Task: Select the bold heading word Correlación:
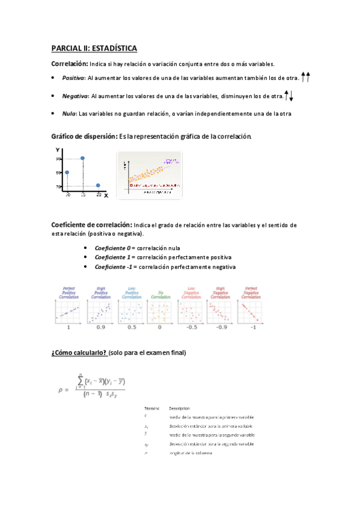tap(70, 64)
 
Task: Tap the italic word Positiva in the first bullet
tap(74, 78)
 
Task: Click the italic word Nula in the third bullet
tap(69, 114)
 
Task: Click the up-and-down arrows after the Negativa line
tap(288, 95)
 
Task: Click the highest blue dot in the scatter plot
tap(82, 158)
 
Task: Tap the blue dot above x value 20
tap(99, 185)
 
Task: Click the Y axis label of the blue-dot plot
tap(57, 150)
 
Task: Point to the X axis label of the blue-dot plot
tap(106, 195)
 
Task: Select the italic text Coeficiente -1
tap(113, 267)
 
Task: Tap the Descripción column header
tap(181, 408)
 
